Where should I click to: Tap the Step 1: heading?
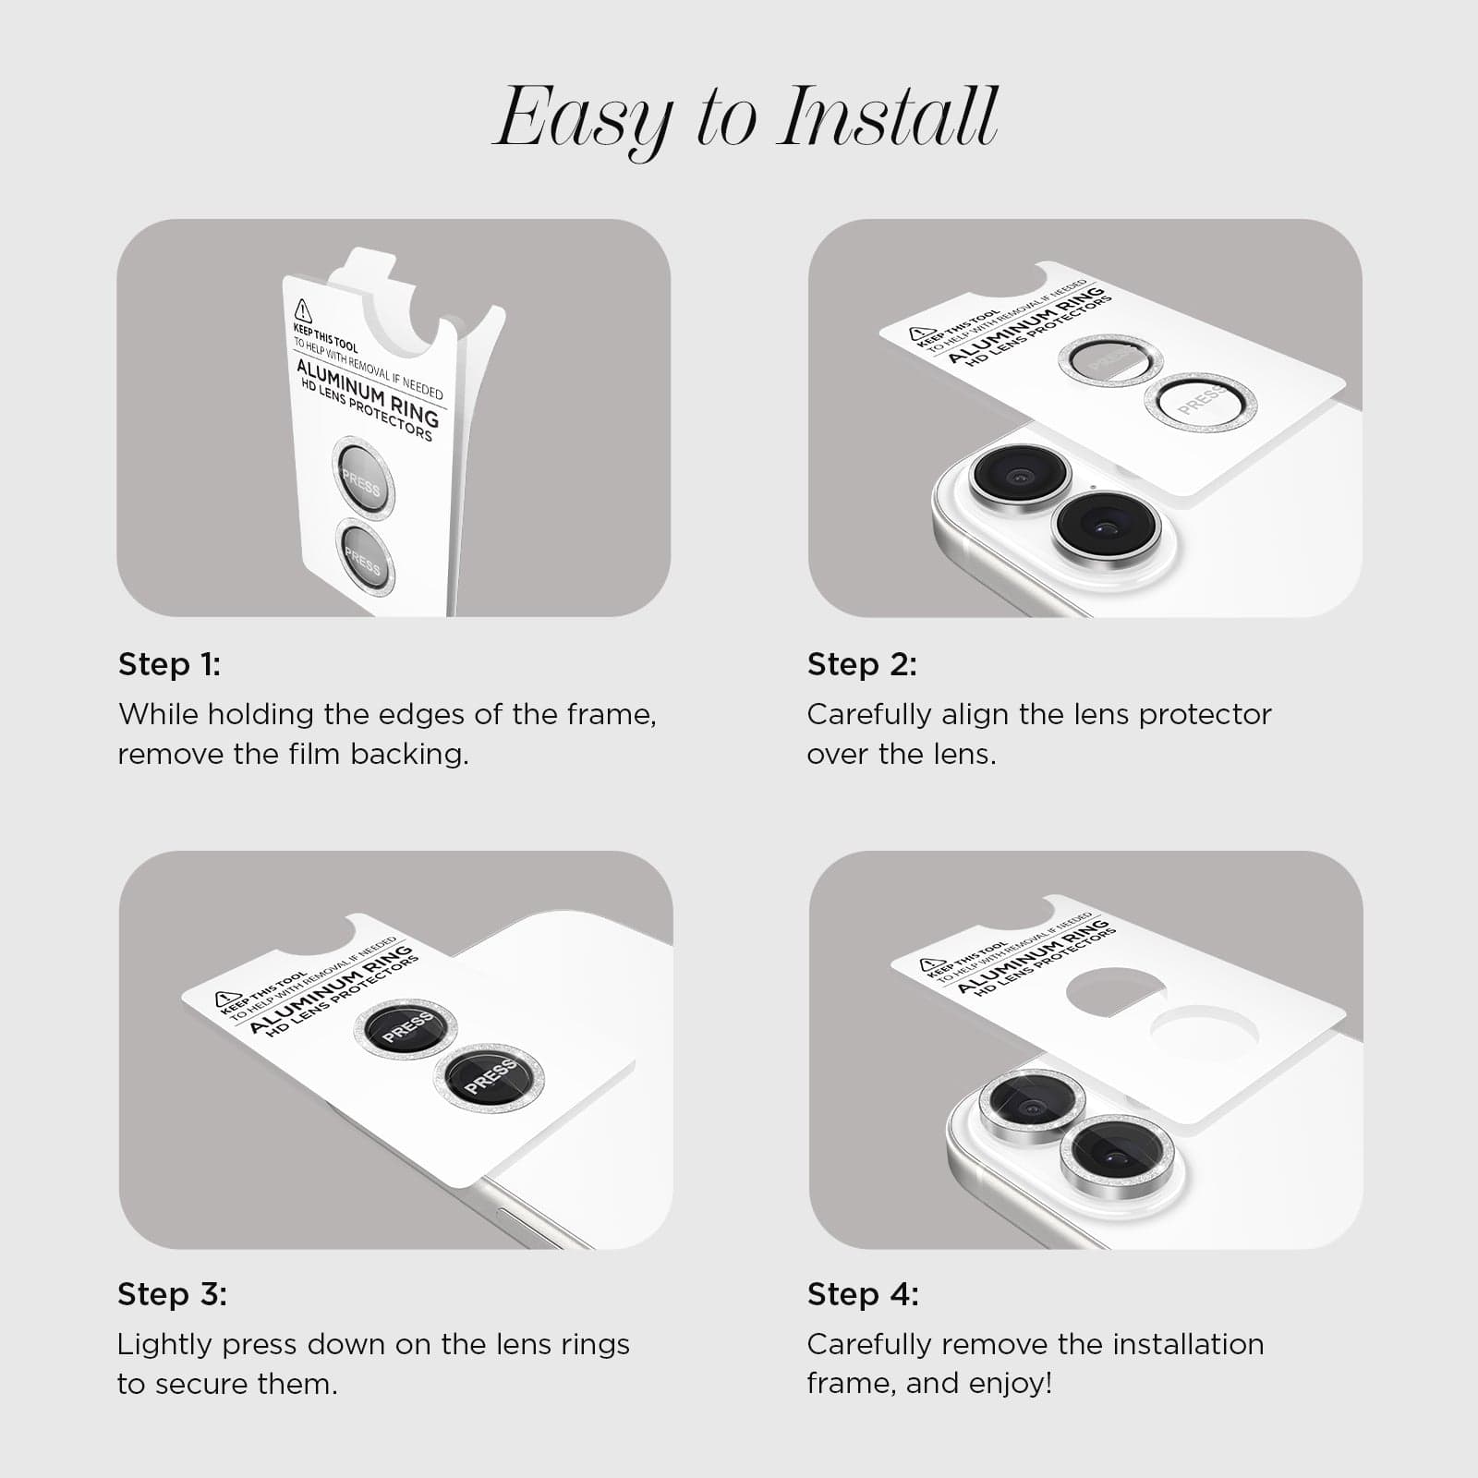tap(170, 664)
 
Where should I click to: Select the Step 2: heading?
tap(862, 664)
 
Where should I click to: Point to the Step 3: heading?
tap(172, 1294)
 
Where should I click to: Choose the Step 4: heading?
tap(863, 1294)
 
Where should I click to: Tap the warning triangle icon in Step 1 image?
tap(302, 310)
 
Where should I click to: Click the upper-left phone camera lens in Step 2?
tap(1020, 476)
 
